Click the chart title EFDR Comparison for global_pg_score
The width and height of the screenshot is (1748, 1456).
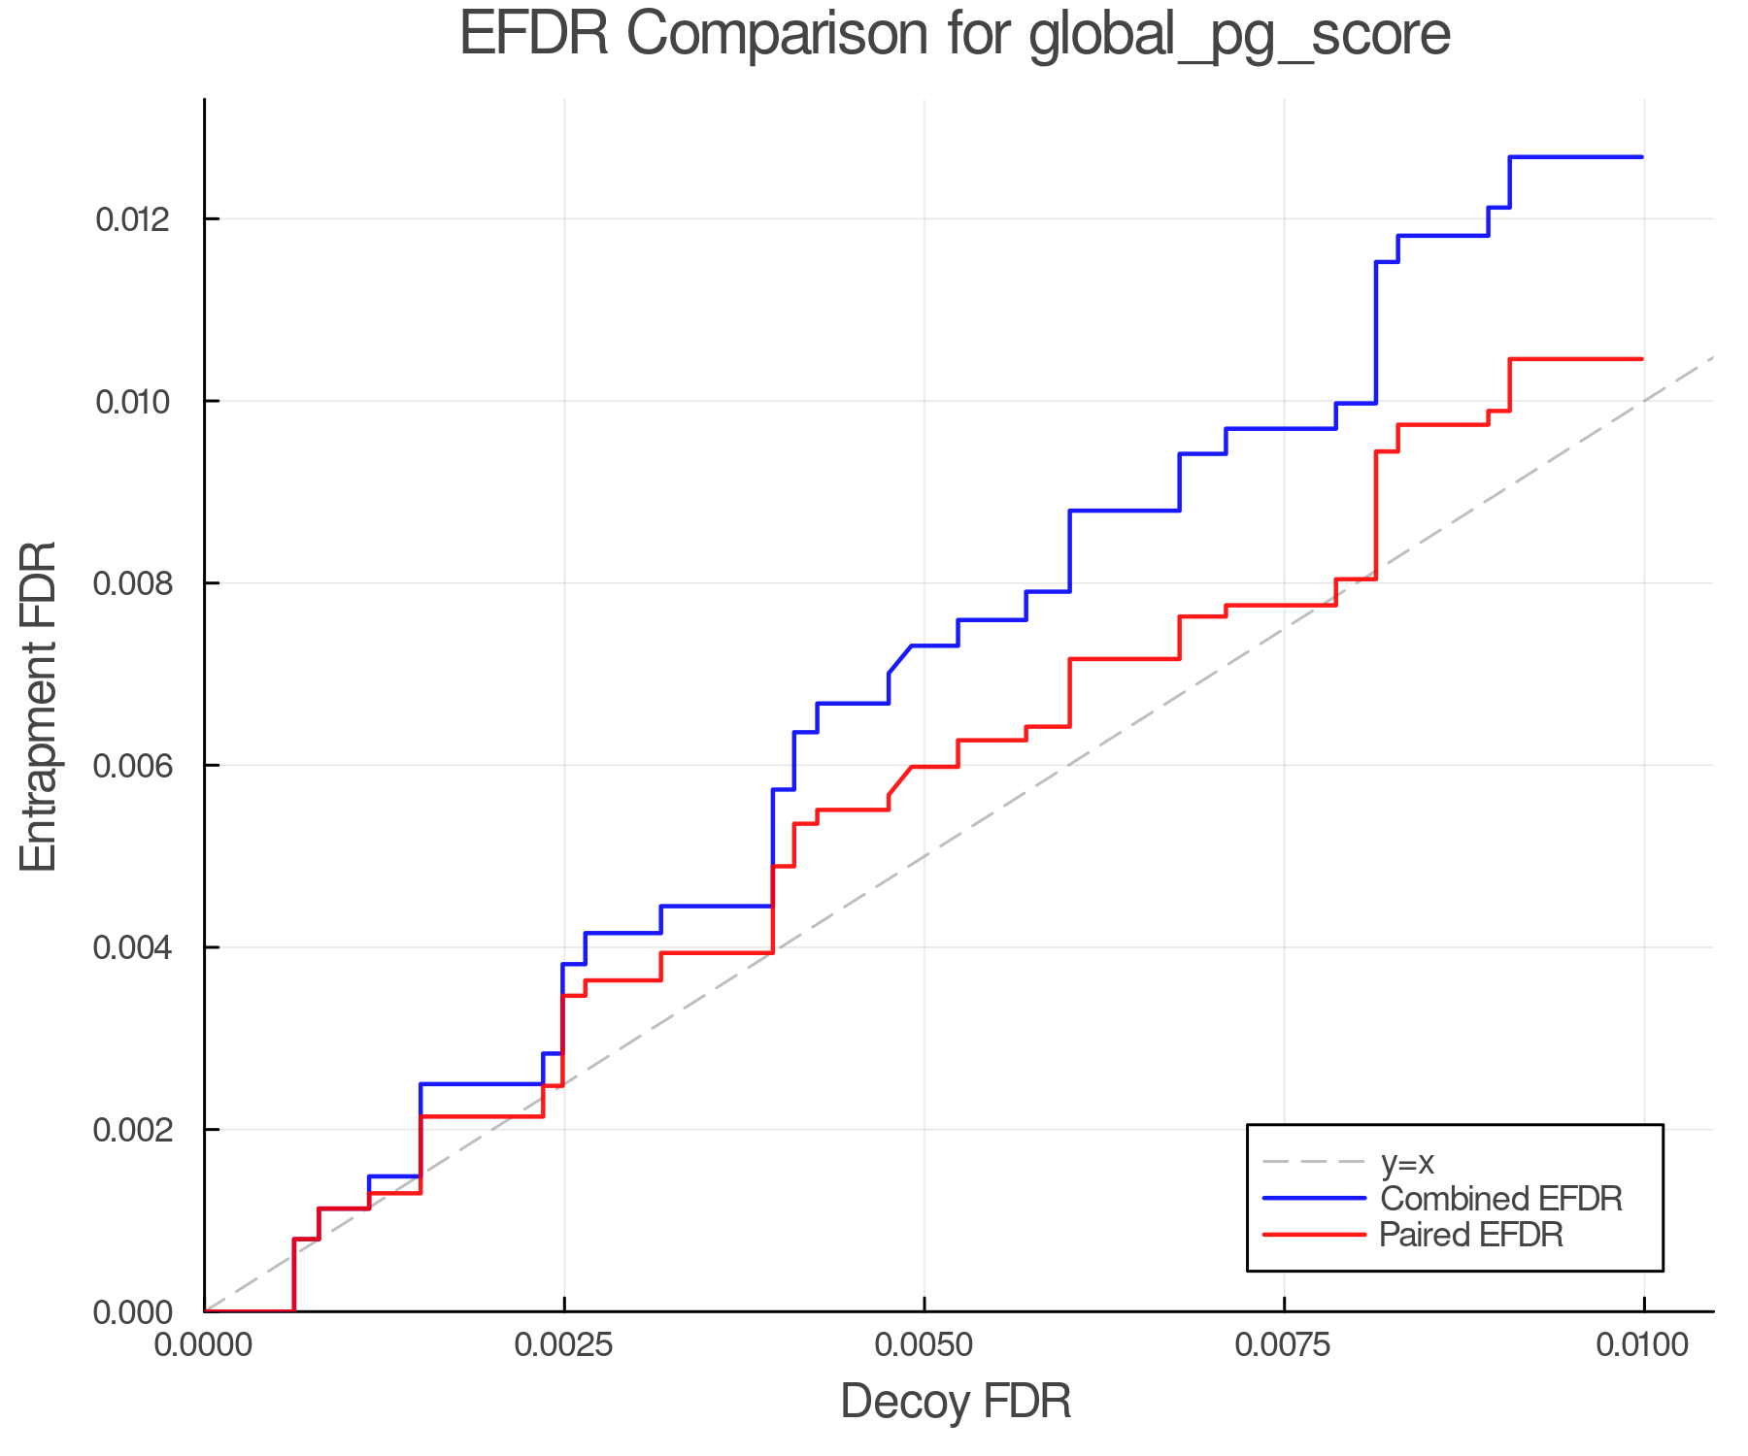point(955,34)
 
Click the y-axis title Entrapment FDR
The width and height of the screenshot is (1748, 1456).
point(39,706)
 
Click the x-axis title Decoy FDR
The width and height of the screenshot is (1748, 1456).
point(956,1402)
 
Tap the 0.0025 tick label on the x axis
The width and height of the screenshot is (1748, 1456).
point(564,1345)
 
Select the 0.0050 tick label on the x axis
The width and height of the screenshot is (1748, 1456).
point(924,1345)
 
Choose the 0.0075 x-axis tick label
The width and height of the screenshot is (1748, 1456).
point(1284,1345)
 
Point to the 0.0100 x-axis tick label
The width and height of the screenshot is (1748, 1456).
point(1643,1345)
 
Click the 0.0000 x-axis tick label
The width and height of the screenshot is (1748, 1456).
point(205,1345)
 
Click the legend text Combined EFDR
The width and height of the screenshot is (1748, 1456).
point(1501,1199)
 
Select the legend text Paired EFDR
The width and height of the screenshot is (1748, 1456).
point(1471,1235)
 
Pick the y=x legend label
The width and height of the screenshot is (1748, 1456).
point(1407,1162)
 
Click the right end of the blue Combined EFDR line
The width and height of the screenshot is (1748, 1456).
point(1642,157)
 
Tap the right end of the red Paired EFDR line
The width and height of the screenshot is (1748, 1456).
point(1642,359)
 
